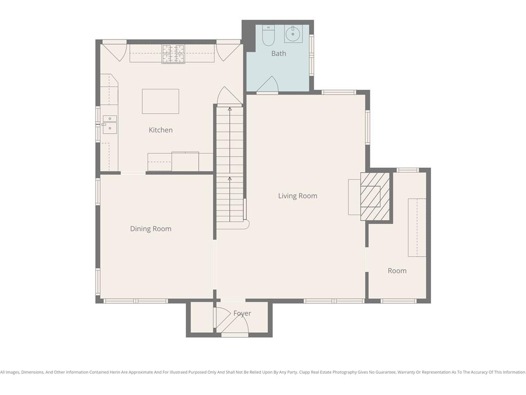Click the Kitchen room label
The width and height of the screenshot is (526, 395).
[161, 130]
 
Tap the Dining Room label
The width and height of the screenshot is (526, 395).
[151, 229]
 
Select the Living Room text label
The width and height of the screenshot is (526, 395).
[297, 196]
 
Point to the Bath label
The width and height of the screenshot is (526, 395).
[279, 53]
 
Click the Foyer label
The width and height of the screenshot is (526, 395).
[242, 313]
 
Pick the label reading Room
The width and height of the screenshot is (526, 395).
[397, 271]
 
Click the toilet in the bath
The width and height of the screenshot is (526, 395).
[268, 35]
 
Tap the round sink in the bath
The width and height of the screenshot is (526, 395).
[292, 34]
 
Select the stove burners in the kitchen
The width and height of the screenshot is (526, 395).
[174, 54]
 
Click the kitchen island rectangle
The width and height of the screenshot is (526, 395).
[160, 101]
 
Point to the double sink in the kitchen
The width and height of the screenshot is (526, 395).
[110, 124]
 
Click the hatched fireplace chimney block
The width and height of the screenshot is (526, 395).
[375, 196]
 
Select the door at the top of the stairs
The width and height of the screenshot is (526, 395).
[230, 97]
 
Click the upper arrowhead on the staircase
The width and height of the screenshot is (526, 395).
[230, 109]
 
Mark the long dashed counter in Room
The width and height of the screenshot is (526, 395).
[417, 228]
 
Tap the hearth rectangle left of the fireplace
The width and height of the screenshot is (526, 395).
[354, 197]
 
